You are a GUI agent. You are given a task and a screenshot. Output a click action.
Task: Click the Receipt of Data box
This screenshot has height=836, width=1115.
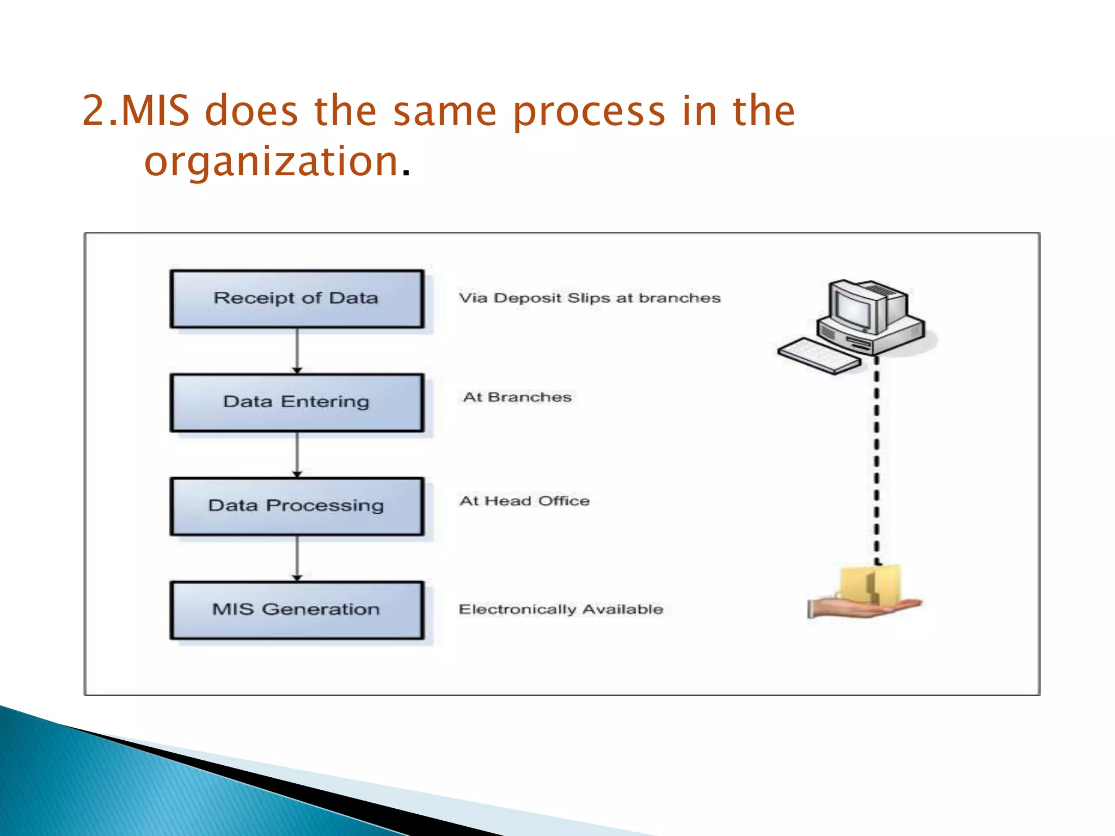[297, 299]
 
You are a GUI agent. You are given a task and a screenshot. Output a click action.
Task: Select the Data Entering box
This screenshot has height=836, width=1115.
[297, 402]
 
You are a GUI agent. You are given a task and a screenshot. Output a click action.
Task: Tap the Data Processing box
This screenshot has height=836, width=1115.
[297, 506]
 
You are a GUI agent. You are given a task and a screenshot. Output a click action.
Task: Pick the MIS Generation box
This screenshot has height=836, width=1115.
[297, 610]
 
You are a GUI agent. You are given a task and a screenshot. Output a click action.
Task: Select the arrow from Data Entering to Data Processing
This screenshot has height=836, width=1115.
[297, 454]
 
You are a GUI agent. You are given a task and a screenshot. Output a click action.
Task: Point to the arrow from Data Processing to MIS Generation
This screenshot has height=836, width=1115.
[297, 558]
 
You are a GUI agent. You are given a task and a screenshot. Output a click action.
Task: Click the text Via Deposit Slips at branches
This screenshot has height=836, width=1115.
[589, 298]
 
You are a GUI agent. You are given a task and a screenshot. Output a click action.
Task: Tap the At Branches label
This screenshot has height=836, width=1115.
[517, 397]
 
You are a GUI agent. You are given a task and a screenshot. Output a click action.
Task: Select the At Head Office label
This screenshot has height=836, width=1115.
[524, 501]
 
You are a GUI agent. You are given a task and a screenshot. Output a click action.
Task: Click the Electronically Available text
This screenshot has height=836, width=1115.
[561, 609]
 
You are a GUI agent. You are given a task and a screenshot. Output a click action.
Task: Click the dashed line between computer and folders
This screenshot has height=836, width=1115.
[876, 463]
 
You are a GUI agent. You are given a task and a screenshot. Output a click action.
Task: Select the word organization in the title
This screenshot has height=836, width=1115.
[271, 162]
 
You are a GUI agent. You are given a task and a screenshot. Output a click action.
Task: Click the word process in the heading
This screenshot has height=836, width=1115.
[589, 112]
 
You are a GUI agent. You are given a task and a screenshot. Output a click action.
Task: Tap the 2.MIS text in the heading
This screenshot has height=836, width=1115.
[136, 112]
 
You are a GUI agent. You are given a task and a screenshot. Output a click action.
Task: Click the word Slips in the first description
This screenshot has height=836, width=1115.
[589, 298]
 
